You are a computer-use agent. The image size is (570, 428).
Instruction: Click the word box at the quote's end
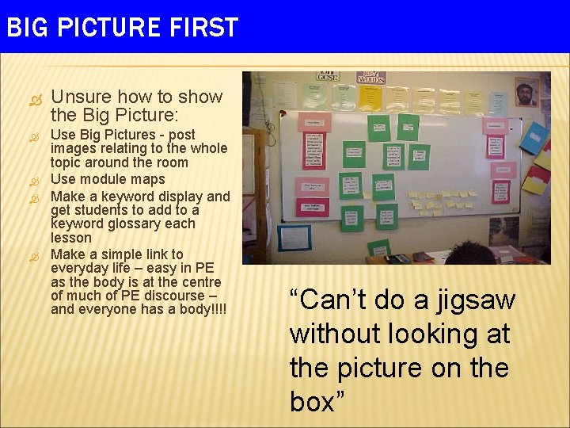[x=312, y=403]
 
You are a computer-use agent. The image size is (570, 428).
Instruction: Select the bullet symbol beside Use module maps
[x=34, y=180]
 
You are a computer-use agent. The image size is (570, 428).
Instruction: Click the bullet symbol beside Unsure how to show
[x=34, y=97]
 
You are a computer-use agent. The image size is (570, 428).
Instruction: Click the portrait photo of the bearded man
[x=526, y=92]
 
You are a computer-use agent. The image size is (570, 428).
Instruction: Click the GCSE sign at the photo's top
[x=327, y=77]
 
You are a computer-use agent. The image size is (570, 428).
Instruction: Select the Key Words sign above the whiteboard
[x=370, y=77]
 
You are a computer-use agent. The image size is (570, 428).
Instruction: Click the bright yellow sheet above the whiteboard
[x=370, y=98]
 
